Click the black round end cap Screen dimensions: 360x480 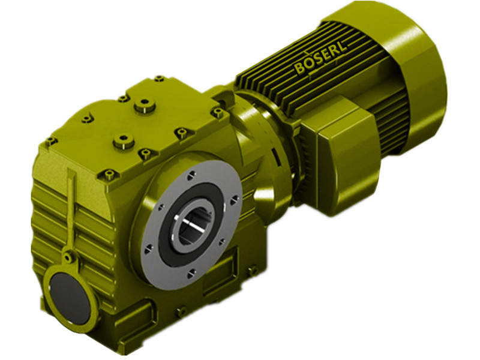tap(66, 291)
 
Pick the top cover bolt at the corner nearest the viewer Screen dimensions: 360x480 tap(109, 175)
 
